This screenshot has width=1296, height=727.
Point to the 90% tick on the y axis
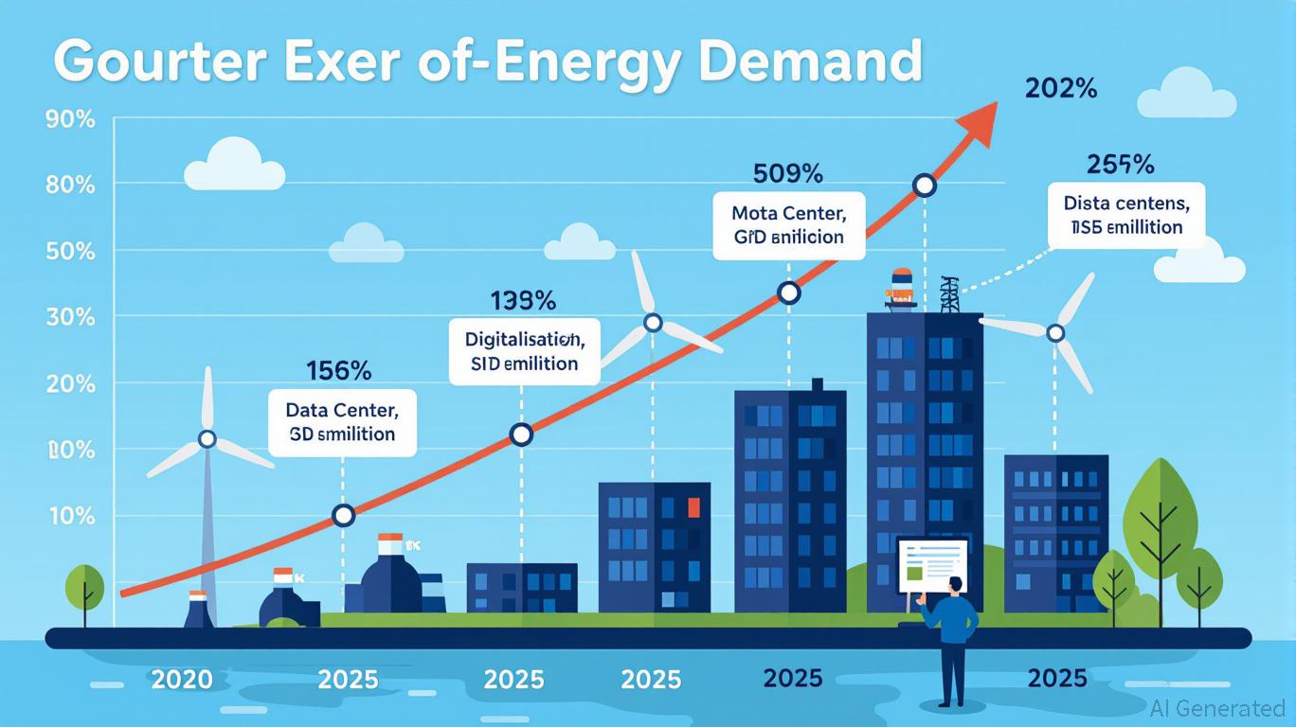tap(70, 120)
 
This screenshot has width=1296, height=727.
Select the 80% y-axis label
tap(70, 185)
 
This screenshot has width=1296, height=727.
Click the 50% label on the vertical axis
tap(70, 252)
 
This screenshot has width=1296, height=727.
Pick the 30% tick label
tap(70, 317)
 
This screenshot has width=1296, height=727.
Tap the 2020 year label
tap(182, 679)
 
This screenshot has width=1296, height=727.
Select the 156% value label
tap(339, 371)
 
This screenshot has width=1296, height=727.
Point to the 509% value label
tap(787, 174)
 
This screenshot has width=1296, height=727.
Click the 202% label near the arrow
tap(1061, 90)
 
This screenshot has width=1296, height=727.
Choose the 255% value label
tap(1121, 165)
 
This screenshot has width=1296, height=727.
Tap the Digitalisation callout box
tap(524, 351)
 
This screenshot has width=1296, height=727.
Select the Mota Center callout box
tap(788, 223)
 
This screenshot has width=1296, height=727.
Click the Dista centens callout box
tap(1126, 215)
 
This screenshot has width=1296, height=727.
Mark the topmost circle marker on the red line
tap(925, 186)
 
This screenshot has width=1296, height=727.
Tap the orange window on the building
tap(693, 507)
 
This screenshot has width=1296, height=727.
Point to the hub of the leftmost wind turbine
tap(207, 439)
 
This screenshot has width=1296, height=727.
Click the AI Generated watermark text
tap(1218, 708)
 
